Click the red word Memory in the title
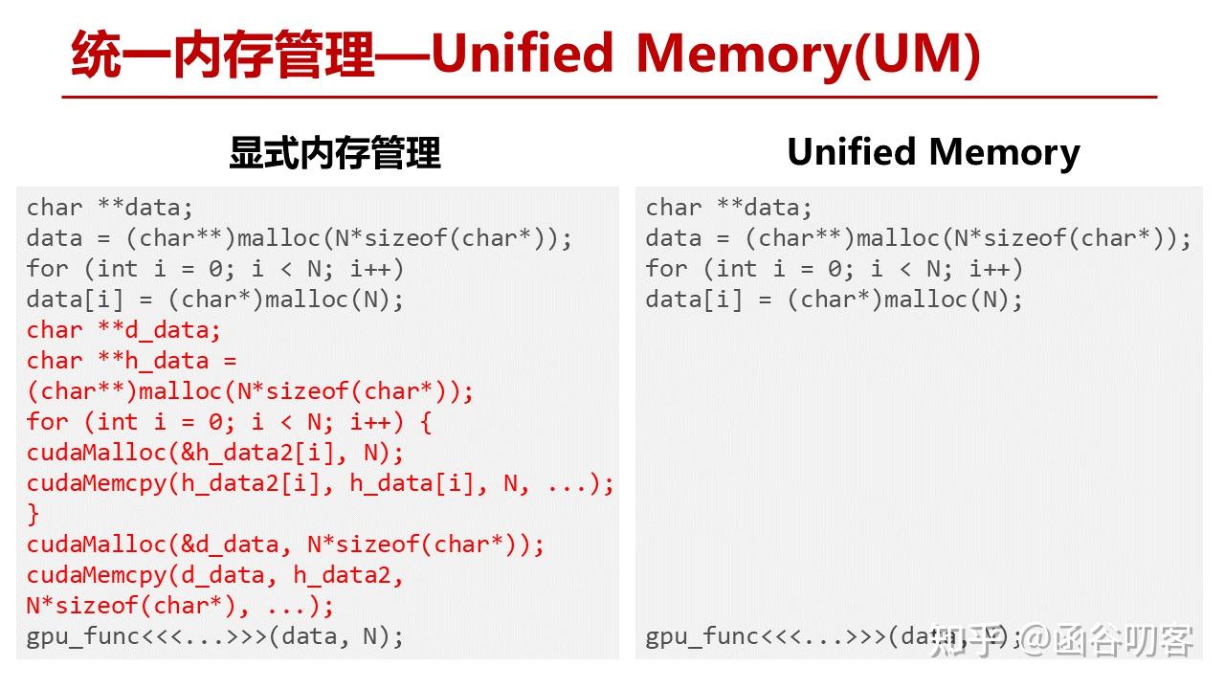point(744,55)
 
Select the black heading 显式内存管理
point(335,153)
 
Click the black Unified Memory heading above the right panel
point(933,152)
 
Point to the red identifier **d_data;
point(159,330)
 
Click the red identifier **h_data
point(153,361)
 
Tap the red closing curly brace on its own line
point(33,514)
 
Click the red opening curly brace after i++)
point(426,422)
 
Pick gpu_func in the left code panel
point(82,637)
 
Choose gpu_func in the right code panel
point(702,637)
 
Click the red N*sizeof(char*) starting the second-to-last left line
point(131,606)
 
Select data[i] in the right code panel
point(694,300)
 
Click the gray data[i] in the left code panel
point(75,300)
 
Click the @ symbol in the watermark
point(1036,640)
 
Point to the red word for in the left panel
point(47,422)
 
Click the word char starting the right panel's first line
point(673,208)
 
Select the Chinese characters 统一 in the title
point(121,55)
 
